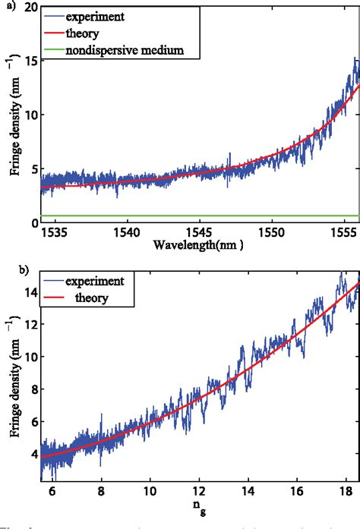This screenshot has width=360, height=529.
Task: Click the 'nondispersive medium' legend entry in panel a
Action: [125, 50]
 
